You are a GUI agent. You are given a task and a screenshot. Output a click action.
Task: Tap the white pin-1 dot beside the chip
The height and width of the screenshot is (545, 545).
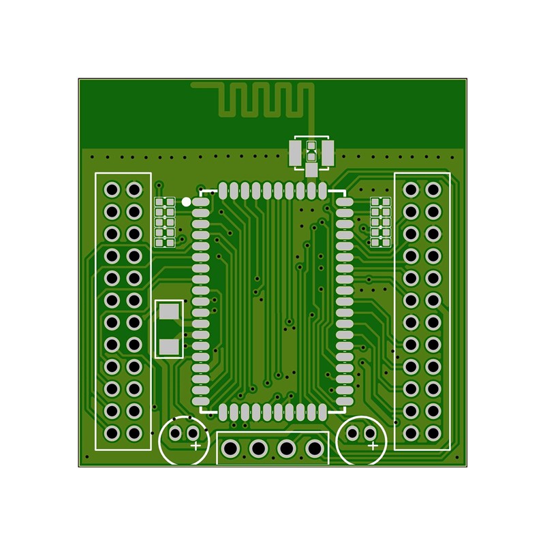pos(186,202)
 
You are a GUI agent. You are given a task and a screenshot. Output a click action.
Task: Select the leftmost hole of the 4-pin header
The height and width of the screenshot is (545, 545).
pos(231,449)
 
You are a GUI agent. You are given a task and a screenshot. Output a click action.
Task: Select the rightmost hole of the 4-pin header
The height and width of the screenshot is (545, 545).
pos(314,449)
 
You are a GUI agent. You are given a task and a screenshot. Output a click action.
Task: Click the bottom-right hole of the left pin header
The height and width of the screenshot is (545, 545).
pos(134,433)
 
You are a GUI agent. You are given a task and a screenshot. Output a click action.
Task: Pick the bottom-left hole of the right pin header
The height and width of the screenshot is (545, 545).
pos(411,433)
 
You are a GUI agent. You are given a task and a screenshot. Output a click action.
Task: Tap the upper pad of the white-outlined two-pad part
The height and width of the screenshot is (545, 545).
pos(168,311)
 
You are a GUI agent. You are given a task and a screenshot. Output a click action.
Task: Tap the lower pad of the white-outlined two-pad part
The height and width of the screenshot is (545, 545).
pos(168,347)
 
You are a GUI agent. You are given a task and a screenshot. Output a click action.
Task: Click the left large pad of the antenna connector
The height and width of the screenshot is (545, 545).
pos(296,153)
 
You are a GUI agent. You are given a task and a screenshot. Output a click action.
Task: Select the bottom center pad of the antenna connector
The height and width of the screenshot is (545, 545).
pos(311,170)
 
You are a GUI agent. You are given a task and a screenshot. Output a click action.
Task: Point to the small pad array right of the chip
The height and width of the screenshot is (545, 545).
pos(380,221)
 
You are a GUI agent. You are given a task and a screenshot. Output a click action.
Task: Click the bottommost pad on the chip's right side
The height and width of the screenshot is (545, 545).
pos(345,399)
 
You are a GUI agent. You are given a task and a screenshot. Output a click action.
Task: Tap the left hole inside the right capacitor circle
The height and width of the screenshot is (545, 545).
pos(353,433)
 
